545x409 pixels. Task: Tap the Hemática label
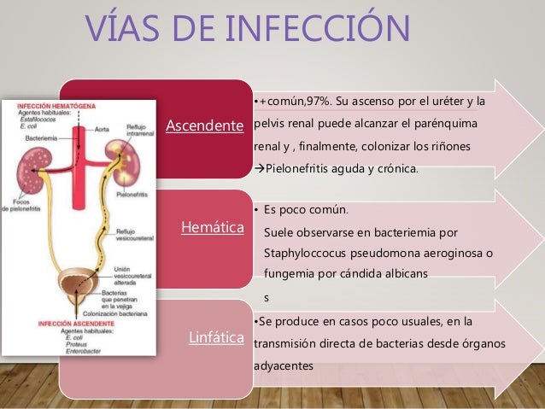point(213,228)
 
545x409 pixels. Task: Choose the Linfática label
point(215,336)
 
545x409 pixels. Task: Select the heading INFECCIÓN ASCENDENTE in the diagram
point(63,324)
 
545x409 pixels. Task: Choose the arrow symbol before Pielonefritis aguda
point(260,168)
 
